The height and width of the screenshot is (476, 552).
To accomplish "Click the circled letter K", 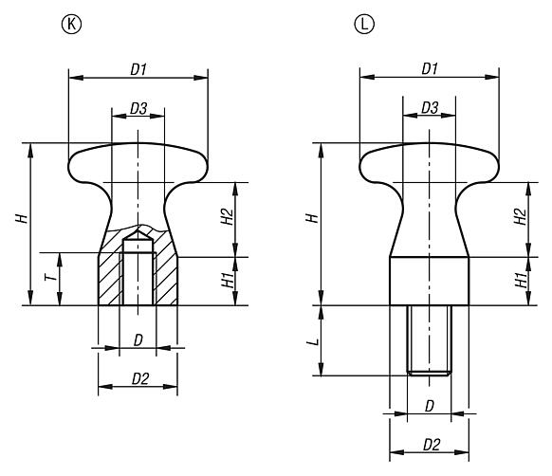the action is pyautogui.click(x=71, y=25).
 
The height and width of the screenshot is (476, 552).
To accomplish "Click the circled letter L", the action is pyautogui.click(x=364, y=25).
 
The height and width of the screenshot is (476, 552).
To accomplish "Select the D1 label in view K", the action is pyautogui.click(x=138, y=69).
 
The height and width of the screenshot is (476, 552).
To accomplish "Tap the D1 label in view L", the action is pyautogui.click(x=430, y=68).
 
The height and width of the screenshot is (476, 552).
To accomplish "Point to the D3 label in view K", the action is pyautogui.click(x=138, y=109).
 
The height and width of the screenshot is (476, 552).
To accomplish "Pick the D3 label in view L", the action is pyautogui.click(x=430, y=108).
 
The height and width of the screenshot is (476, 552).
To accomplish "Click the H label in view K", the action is pyautogui.click(x=22, y=218).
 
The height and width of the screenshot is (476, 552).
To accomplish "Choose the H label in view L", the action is pyautogui.click(x=313, y=218).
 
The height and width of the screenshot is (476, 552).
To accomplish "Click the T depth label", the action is pyautogui.click(x=51, y=278).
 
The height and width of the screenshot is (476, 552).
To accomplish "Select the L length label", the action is pyautogui.click(x=313, y=342).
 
